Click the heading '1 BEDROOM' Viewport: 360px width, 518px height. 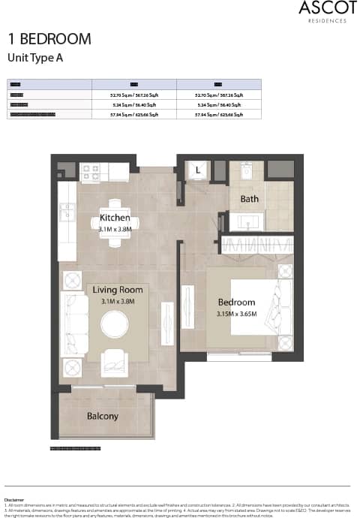49,39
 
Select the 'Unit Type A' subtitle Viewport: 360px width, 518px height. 35,57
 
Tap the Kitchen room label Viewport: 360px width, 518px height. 115,218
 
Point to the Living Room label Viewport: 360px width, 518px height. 118,290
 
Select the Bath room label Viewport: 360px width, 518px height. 249,199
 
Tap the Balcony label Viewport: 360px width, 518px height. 102,416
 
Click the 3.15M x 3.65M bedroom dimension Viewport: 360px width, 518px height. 236,314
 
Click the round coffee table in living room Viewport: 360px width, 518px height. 115,324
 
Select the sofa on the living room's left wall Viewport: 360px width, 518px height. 73,324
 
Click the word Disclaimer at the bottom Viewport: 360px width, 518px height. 13,499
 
